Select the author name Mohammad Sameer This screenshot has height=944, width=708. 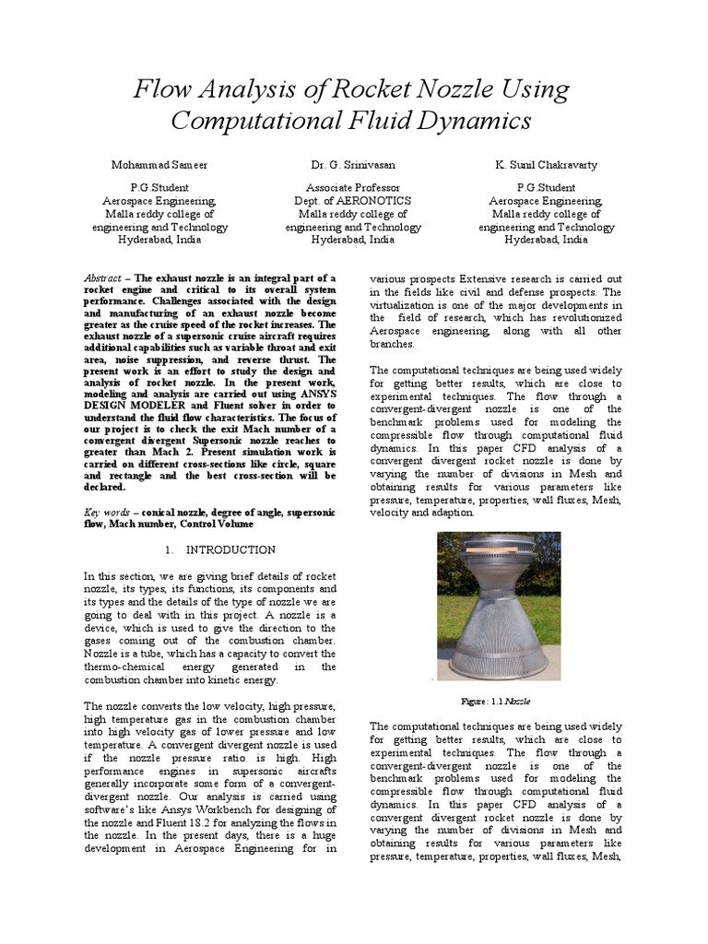(159, 165)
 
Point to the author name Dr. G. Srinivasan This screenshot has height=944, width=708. (353, 165)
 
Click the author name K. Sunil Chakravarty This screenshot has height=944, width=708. (546, 165)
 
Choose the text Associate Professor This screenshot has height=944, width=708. (353, 187)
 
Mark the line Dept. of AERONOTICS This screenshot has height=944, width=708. (353, 200)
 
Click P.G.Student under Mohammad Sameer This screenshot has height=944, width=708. (159, 187)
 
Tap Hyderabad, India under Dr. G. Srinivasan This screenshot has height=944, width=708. (353, 239)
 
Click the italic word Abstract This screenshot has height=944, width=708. (102, 277)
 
